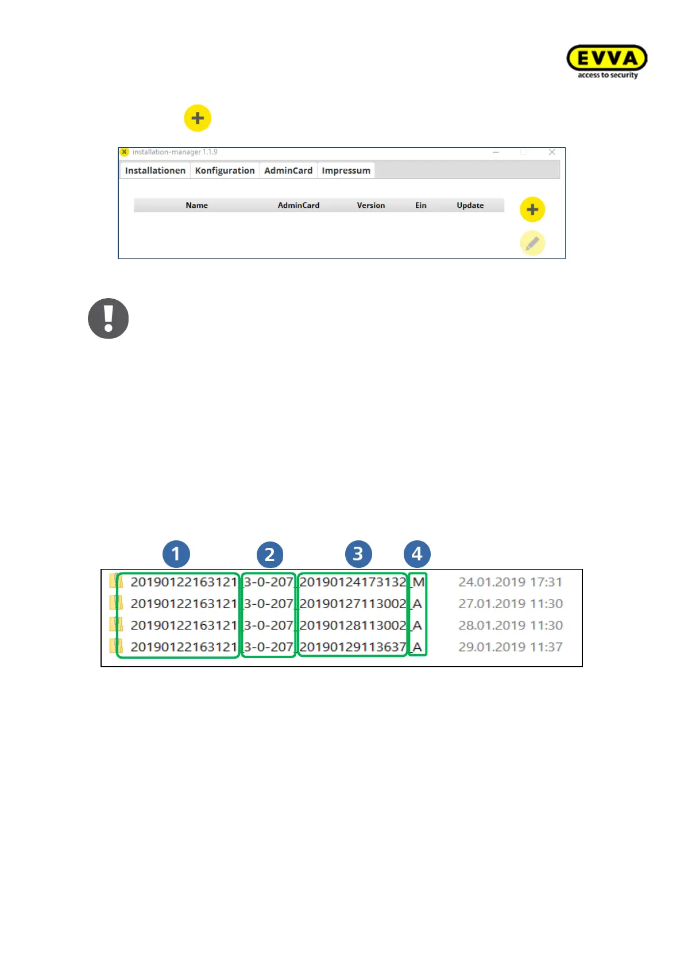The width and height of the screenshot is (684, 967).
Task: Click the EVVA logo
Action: click(607, 61)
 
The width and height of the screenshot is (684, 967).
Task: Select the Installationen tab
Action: click(155, 171)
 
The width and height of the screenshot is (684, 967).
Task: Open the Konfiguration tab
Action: click(225, 171)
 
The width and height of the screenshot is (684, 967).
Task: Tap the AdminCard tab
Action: click(288, 171)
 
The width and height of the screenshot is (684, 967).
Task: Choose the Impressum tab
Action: click(346, 171)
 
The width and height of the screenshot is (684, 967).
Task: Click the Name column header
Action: click(196, 206)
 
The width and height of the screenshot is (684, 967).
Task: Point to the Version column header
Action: click(371, 206)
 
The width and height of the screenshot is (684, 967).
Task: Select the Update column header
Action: click(470, 206)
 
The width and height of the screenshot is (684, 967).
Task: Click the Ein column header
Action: click(421, 206)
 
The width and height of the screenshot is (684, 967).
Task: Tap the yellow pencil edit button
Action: click(532, 243)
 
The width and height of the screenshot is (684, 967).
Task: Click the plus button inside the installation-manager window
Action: click(532, 210)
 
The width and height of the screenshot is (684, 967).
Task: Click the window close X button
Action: click(552, 152)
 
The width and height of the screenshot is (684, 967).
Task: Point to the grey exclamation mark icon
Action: click(108, 318)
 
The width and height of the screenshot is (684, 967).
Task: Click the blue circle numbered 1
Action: click(176, 554)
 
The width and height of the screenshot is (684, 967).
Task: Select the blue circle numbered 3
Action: click(358, 554)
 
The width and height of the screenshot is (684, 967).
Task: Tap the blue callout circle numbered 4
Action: click(417, 554)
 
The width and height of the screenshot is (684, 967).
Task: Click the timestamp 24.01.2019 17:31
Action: click(510, 582)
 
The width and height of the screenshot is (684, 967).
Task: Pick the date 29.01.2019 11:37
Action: click(510, 647)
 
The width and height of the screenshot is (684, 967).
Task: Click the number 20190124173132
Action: click(353, 582)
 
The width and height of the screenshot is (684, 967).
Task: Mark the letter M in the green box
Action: click(419, 582)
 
